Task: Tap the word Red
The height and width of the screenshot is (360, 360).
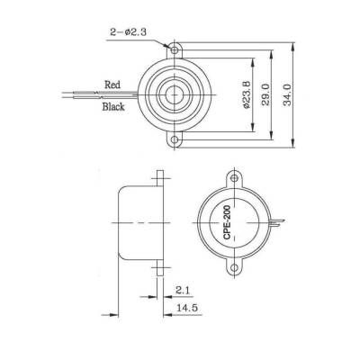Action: pyautogui.click(x=112, y=84)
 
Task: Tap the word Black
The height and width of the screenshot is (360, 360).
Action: pyautogui.click(x=113, y=106)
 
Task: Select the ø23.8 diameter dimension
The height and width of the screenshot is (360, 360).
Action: pyautogui.click(x=246, y=90)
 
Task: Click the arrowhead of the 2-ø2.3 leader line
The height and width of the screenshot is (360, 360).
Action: pyautogui.click(x=168, y=43)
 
